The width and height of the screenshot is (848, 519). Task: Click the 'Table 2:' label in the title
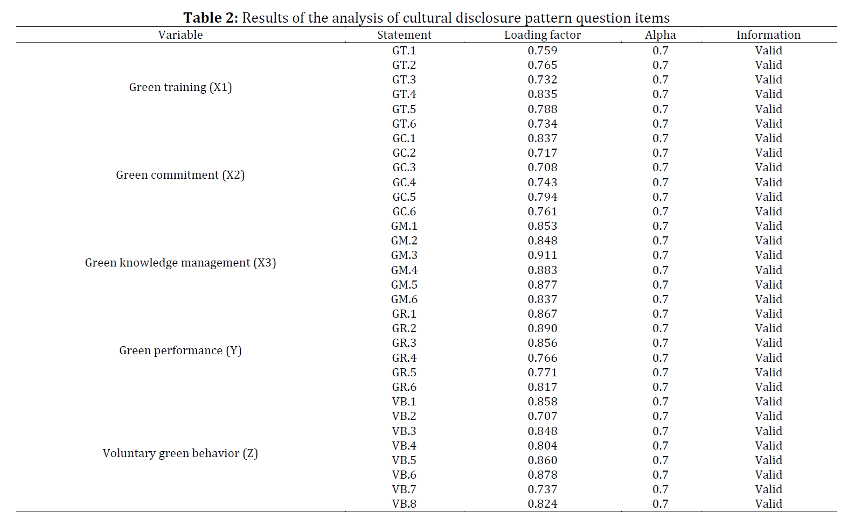click(211, 17)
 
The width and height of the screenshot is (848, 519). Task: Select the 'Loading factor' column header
click(543, 35)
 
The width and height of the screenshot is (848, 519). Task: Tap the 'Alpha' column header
click(660, 35)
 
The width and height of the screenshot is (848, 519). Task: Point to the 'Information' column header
click(768, 35)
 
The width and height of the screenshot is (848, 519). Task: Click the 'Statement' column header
click(404, 35)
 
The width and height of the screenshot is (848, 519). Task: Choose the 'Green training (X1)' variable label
click(180, 87)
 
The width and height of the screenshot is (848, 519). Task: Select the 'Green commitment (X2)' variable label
click(180, 175)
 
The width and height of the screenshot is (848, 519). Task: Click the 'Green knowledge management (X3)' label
click(180, 263)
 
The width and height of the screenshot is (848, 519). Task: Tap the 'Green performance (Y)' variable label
click(180, 350)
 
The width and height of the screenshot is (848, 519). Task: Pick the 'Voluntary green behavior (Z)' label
click(180, 453)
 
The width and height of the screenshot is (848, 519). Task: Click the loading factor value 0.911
click(543, 255)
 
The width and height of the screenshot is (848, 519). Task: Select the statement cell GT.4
click(404, 94)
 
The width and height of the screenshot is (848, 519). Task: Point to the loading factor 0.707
click(543, 416)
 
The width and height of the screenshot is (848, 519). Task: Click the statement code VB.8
click(404, 504)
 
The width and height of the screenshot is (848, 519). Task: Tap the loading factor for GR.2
click(543, 328)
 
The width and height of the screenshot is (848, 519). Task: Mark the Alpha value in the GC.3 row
click(660, 167)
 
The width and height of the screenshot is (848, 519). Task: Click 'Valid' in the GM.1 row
click(768, 226)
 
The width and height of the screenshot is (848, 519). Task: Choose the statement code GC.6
click(404, 212)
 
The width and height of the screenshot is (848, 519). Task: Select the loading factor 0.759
click(543, 50)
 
